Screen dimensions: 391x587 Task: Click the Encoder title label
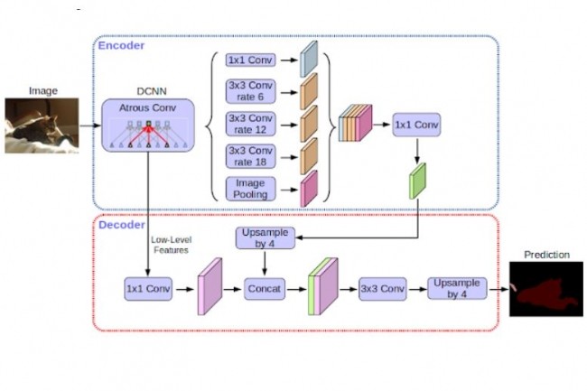(122, 45)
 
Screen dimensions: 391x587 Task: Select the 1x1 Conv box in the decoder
(148, 289)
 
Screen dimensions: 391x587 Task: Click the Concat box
(265, 289)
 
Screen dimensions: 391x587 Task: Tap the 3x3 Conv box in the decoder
(382, 289)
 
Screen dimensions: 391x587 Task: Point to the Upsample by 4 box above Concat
(265, 238)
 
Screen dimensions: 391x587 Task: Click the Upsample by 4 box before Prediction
(457, 289)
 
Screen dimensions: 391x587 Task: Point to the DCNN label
(148, 89)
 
